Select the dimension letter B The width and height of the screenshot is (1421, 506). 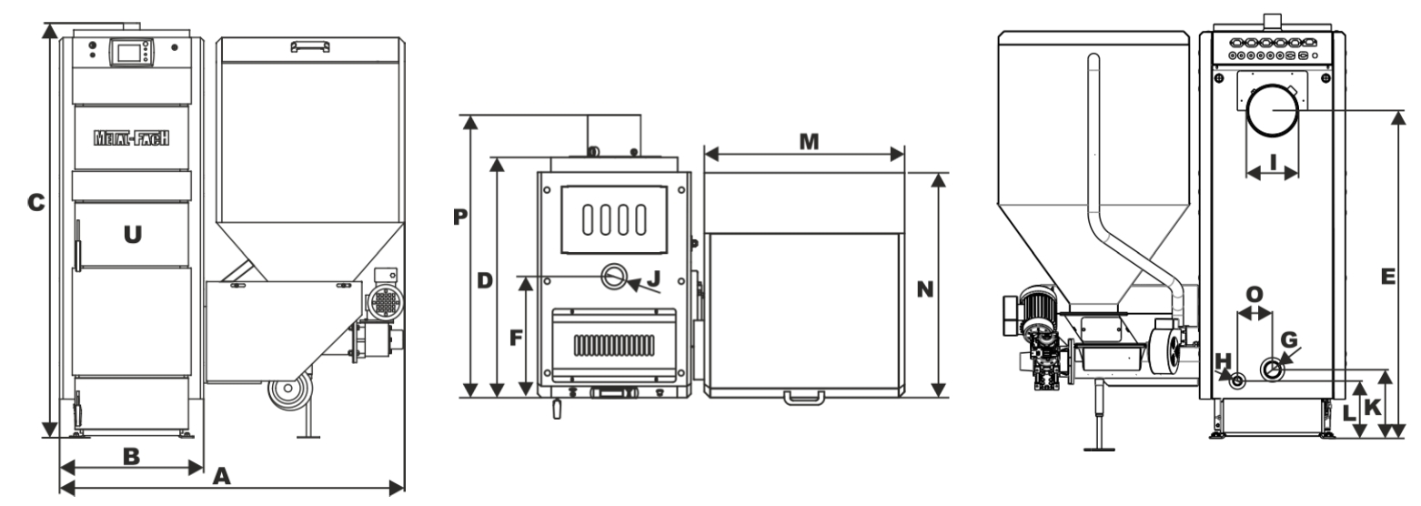coord(131,456)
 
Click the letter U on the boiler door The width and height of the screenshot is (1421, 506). coord(133,235)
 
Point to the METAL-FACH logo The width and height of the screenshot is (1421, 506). coord(133,139)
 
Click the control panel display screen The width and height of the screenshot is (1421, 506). coord(126,53)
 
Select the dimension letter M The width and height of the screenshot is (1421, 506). coord(807,141)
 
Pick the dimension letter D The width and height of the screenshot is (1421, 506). coord(484,281)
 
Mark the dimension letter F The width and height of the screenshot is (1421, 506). coord(515,338)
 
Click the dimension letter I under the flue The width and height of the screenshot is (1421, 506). coord(1273,162)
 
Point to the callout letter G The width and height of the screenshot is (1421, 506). coord(1288,339)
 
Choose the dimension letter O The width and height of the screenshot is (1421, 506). coord(1255,294)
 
